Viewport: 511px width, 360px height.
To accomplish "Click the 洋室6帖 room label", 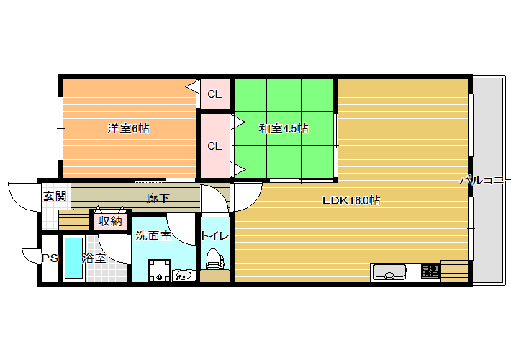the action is coord(128,128).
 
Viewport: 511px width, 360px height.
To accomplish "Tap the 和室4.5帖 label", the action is coord(283,128).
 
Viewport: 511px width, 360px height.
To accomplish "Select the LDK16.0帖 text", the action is coord(351,200).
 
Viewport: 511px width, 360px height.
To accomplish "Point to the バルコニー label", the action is coord(484,180).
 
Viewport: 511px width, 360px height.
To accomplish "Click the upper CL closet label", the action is coord(214,94).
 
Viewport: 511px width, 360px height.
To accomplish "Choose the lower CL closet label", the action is coord(214,146).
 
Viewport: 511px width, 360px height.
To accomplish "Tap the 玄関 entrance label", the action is coord(55,196).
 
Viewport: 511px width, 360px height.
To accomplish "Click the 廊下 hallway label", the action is coord(158,198).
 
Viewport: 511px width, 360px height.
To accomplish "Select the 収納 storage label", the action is coord(110,222).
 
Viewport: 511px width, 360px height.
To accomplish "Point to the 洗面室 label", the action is coord(153,235).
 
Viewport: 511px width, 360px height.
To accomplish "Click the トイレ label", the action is coord(214,235).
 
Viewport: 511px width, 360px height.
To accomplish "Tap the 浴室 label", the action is coord(94,258).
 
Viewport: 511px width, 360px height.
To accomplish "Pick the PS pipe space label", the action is coord(50,258).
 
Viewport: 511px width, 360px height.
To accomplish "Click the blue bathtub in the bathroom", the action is coord(73,258).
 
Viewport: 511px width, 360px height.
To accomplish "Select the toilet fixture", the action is coord(214,258).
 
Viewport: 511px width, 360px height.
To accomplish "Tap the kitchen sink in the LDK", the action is coord(389,272).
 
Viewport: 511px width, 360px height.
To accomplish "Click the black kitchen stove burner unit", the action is coord(430,271).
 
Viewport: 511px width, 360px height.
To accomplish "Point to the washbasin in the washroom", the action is coord(184,275).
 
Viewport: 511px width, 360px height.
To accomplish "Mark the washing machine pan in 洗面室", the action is coord(160,270).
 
